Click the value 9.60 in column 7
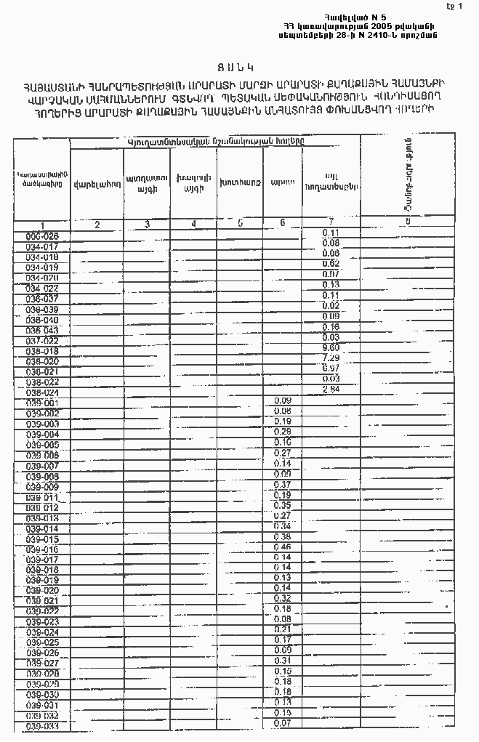pyautogui.click(x=331, y=348)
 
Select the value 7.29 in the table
pyautogui.click(x=331, y=358)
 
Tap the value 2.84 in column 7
pyautogui.click(x=331, y=390)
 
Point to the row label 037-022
pyautogui.click(x=42, y=340)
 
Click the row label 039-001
pyautogui.click(x=42, y=403)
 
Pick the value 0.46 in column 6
pyautogui.click(x=282, y=547)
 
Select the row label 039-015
pyautogui.click(x=42, y=539)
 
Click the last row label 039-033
pyautogui.click(x=42, y=726)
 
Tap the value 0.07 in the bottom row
pyautogui.click(x=282, y=723)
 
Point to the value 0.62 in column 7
pyautogui.click(x=331, y=263)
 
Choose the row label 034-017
pyautogui.click(x=42, y=247)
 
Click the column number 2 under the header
pyautogui.click(x=97, y=225)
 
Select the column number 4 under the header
pyautogui.click(x=193, y=225)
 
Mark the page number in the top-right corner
pyautogui.click(x=458, y=7)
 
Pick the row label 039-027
pyautogui.click(x=42, y=663)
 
